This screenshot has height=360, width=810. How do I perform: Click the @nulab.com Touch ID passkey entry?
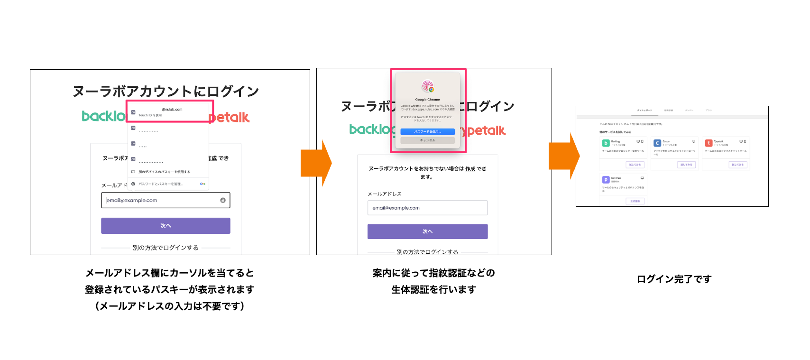pos(169,112)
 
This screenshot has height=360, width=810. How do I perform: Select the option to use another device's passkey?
pos(164,172)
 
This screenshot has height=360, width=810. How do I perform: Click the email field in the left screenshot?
pos(165,200)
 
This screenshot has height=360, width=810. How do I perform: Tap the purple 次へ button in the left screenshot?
pos(166,226)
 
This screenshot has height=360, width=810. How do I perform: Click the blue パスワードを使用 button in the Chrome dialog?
pos(427,132)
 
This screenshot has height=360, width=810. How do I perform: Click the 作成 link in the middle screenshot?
pos(470,169)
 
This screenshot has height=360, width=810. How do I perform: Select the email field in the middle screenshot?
pos(427,208)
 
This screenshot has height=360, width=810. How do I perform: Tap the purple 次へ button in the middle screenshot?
pos(427,231)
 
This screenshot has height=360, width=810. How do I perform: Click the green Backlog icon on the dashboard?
pos(606,143)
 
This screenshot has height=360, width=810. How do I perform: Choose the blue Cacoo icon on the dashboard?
pos(657,143)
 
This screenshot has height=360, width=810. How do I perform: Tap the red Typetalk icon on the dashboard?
pos(709,143)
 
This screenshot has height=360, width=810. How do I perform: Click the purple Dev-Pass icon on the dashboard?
pos(606,180)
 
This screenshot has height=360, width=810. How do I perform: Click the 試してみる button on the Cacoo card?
pos(686,165)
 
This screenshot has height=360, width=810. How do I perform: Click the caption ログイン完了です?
pos(674,279)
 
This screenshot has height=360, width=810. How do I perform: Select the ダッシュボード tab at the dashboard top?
pos(644,111)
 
